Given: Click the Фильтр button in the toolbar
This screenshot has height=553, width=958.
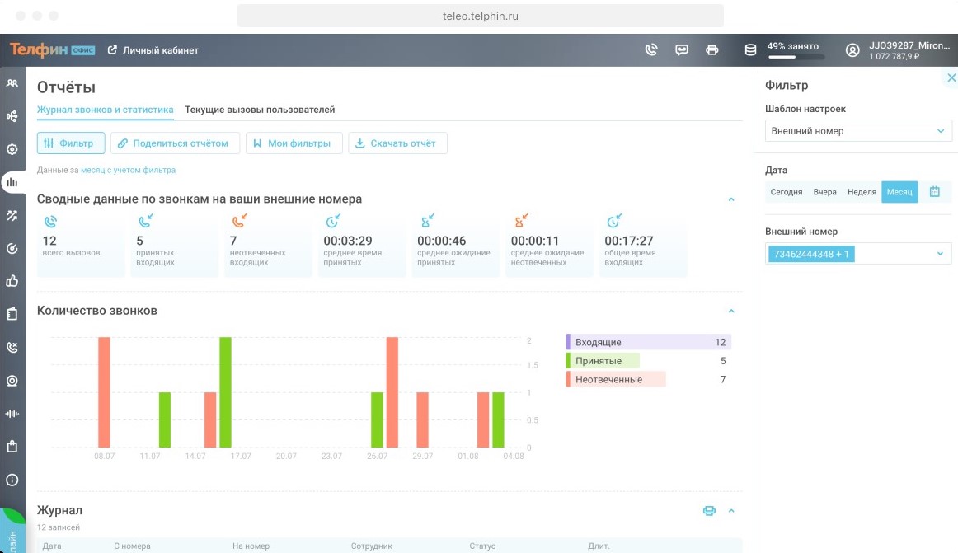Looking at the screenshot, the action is point(71,143).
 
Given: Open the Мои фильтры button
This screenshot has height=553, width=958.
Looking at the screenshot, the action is point(294,143).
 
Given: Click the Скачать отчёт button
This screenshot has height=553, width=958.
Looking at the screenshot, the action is point(397,143).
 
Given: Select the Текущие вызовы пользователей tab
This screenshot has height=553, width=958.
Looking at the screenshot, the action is point(260,110).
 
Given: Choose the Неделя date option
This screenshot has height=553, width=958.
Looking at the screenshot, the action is point(862,192).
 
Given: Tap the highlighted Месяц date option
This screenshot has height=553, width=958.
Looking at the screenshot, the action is point(899,192).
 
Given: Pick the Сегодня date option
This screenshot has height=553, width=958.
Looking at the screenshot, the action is point(787,192).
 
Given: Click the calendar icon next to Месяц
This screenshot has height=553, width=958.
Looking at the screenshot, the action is point(934,192).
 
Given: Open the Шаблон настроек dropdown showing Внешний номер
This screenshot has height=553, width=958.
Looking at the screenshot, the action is point(858,131).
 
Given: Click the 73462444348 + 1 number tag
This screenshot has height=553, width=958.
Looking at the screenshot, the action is point(811,254).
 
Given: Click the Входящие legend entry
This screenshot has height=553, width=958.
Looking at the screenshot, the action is point(648,342).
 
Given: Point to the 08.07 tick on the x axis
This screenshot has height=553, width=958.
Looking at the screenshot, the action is point(105,456).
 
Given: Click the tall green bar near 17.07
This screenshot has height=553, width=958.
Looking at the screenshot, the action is point(225,392).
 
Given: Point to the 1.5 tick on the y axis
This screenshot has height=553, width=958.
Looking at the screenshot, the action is point(532,365).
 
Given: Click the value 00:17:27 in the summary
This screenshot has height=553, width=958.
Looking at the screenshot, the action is point(629,241).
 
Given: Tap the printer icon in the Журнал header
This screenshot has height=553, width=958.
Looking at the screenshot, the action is point(709,510).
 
